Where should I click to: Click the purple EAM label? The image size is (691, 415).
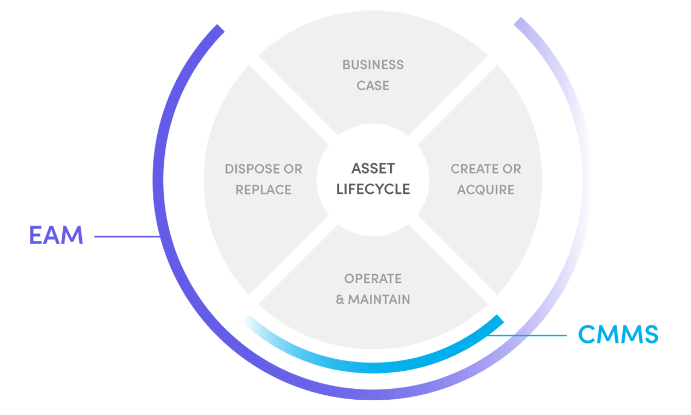56,236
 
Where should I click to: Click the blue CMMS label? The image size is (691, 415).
618,334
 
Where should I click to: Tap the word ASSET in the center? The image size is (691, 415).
373,168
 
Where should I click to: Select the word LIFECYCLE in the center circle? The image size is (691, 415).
373,189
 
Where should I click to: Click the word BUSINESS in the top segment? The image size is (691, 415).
373,64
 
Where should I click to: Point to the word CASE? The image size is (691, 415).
373,86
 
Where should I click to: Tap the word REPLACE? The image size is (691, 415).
263,189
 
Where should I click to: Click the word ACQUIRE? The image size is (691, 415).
486,189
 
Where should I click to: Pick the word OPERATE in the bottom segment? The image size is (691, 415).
373,278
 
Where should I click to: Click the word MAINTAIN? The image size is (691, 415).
379,299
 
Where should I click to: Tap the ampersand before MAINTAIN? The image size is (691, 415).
340,300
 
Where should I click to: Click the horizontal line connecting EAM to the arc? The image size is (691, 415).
127,236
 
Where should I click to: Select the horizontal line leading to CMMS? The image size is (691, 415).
527,335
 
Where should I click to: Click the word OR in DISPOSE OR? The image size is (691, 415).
292,169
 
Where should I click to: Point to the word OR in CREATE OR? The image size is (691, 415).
511,169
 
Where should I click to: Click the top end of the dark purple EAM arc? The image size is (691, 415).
219,28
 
